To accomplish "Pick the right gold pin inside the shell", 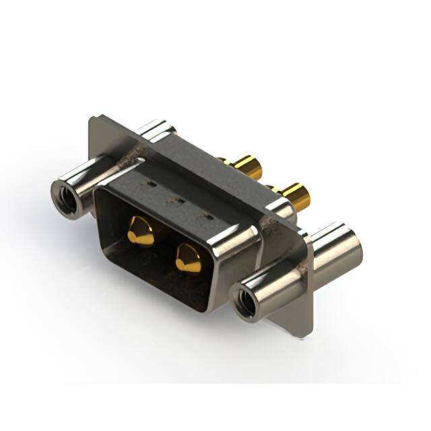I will (188, 258).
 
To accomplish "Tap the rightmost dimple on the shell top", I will (209, 217).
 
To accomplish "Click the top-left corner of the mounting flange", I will (92, 120).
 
